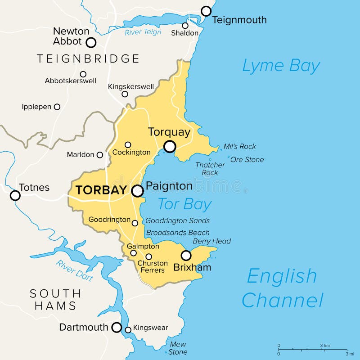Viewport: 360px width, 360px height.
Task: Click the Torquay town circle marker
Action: tap(170, 146)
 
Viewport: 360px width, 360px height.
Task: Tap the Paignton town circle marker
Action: tap(138, 191)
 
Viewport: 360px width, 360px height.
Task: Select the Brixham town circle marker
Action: tap(186, 255)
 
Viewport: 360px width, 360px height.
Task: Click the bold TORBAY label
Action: tap(101, 190)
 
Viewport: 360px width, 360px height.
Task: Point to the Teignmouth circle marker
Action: tap(206, 11)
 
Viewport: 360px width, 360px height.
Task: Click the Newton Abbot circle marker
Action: tap(91, 42)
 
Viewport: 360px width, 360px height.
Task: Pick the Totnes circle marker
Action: tap(15, 195)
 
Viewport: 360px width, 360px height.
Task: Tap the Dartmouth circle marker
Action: tap(117, 327)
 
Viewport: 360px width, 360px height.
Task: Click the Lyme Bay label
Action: tap(281, 66)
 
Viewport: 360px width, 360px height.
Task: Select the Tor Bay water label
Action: tap(184, 204)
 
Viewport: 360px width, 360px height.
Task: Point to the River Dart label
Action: tap(75, 270)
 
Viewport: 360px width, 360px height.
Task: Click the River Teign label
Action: tap(143, 32)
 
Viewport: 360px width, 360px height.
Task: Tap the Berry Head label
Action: tap(211, 241)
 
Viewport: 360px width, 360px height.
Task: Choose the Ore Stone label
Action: tap(247, 159)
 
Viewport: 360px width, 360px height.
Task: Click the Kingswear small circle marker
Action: tap(128, 330)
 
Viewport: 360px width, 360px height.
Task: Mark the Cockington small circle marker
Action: tap(128, 144)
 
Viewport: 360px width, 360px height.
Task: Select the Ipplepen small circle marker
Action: tap(57, 107)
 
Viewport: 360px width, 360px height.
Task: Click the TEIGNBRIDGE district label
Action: tap(88, 58)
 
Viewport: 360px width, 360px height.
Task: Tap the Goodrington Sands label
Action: tap(177, 220)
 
